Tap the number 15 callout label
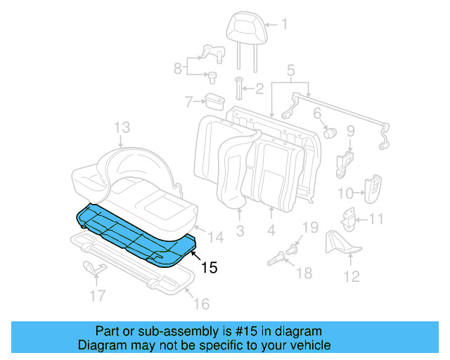[210, 267]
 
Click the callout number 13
[122, 127]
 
